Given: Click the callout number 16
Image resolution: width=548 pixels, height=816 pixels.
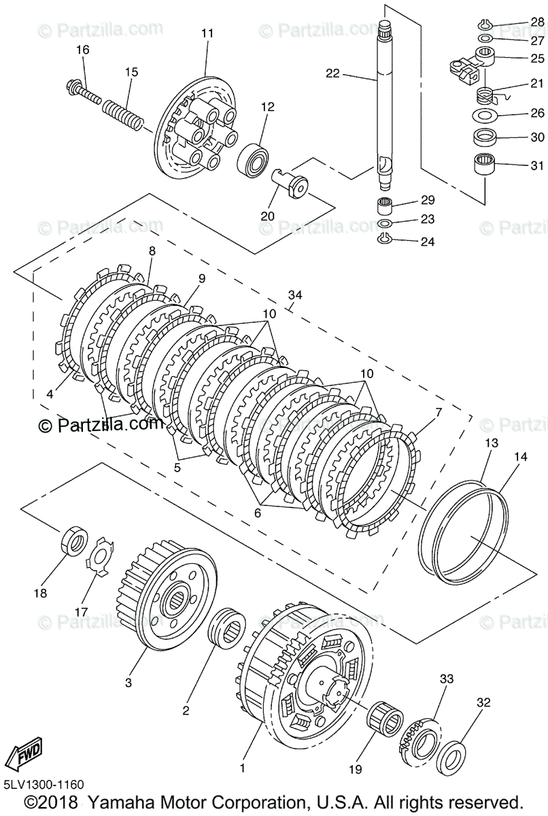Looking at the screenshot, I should [82, 50].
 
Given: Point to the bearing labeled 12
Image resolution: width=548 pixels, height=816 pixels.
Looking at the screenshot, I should [252, 159].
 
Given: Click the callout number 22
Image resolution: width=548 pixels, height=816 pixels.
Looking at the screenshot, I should [332, 74].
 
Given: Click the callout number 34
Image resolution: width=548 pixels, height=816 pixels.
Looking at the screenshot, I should [294, 295].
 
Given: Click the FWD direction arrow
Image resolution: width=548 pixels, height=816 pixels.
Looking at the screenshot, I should [23, 752].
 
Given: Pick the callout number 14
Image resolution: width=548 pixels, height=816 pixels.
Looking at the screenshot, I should [520, 458].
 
